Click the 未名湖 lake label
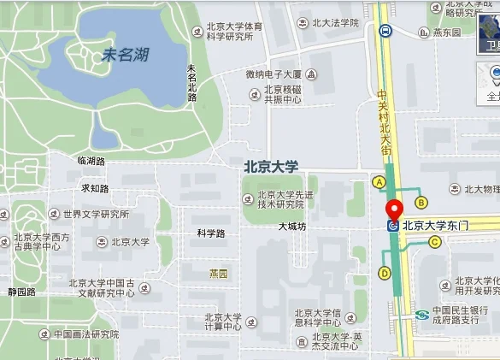[x=126, y=56]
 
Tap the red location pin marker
[x=394, y=209]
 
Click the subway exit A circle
[x=379, y=182]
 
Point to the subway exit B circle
[x=421, y=202]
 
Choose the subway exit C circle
[x=435, y=242]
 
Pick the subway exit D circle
[x=385, y=274]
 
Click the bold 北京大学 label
[x=271, y=167]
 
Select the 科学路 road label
[x=210, y=233]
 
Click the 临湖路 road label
[x=91, y=161]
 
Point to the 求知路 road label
[x=95, y=188]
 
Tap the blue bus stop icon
[x=385, y=31]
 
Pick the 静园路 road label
[x=22, y=292]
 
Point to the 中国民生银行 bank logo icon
[x=421, y=316]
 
